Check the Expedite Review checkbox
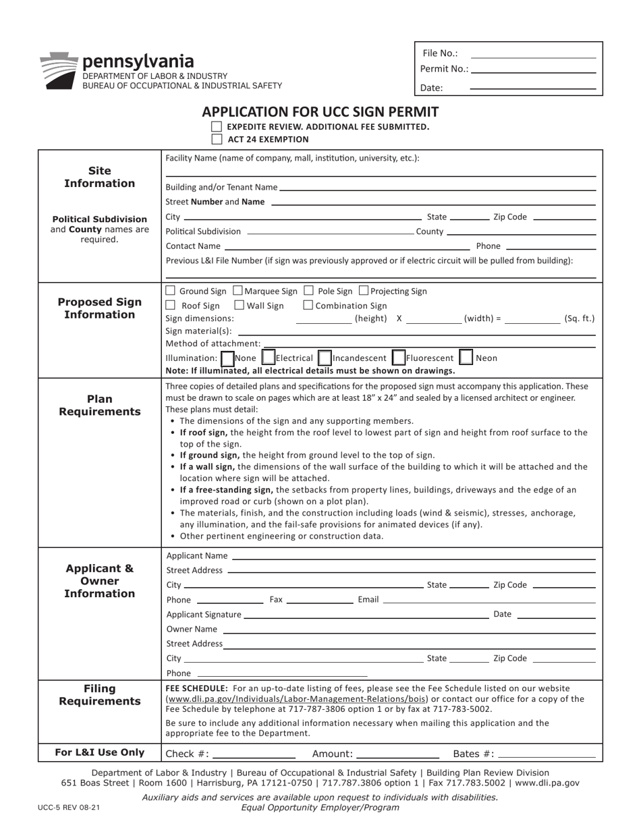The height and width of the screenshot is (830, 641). tap(217, 127)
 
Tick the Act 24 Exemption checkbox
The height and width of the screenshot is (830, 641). tap(217, 140)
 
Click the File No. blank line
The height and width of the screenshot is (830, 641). tap(533, 54)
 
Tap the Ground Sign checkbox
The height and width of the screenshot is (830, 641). tap(170, 291)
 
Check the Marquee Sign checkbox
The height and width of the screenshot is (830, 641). tap(238, 291)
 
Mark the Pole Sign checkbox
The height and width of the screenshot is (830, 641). tap(308, 291)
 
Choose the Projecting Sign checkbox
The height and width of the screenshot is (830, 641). tap(364, 291)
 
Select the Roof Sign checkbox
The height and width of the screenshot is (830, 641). tap(170, 306)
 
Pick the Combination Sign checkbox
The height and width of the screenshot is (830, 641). tap(308, 306)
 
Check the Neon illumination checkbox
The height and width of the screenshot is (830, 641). tap(466, 357)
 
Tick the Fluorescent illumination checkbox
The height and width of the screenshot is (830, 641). tap(398, 357)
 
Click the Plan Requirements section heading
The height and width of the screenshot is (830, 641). tap(100, 405)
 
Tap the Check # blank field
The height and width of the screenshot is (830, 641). tap(254, 754)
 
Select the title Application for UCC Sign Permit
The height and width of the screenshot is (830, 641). tap(320, 112)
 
